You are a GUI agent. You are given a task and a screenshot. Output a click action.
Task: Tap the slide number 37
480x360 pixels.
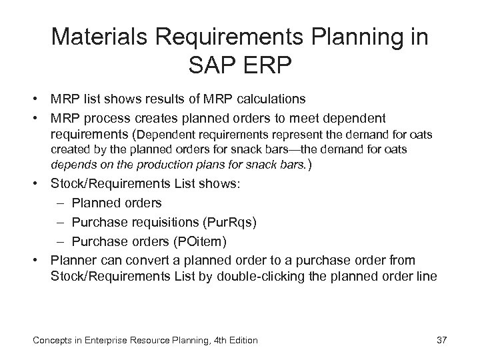tap(441, 340)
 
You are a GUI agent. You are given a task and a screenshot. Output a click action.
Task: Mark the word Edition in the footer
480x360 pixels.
tap(241, 341)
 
